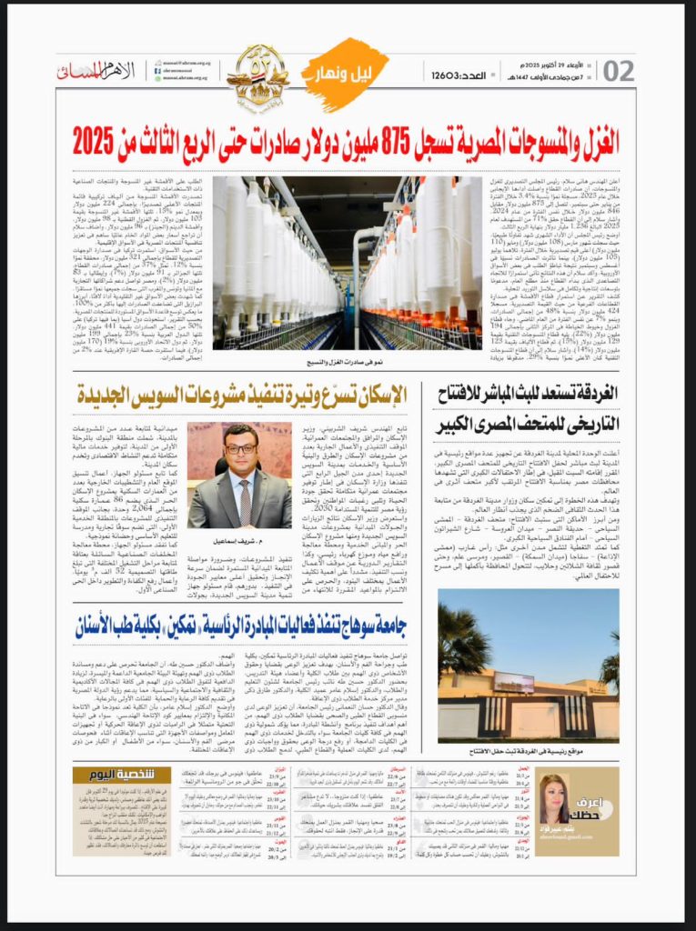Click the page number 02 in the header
coord(618,71)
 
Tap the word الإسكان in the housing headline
coord(382,395)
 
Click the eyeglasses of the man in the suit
coord(239,448)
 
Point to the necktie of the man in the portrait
coord(239,500)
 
